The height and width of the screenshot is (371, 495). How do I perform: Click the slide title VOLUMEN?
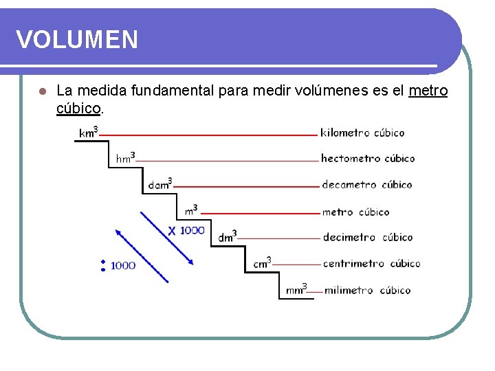(x=77, y=40)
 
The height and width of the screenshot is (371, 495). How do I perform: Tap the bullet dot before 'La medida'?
(x=41, y=91)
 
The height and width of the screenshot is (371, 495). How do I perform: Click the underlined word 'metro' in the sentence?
(x=428, y=91)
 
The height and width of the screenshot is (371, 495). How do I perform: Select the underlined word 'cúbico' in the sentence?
(x=78, y=108)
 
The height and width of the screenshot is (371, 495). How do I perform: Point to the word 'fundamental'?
(x=172, y=91)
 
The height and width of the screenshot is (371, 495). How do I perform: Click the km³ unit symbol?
(x=89, y=133)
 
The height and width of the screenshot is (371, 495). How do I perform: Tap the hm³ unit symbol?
(x=125, y=158)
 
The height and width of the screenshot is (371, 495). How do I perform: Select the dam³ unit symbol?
(x=160, y=184)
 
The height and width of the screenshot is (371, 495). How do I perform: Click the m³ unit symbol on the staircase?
(x=191, y=210)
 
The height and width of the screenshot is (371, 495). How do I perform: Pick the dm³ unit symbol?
(x=228, y=237)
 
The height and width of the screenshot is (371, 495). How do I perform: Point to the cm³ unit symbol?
(x=262, y=263)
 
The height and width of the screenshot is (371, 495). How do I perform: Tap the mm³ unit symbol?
(x=296, y=290)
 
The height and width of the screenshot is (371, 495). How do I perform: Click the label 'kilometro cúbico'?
(x=362, y=133)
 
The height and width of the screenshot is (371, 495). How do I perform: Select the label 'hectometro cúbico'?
(x=368, y=158)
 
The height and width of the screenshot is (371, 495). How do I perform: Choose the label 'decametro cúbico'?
(x=367, y=184)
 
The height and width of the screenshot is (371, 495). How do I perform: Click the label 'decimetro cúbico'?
(x=368, y=237)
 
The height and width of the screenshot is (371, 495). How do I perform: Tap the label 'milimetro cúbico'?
(x=367, y=290)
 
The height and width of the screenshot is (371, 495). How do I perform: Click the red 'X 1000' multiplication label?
(x=186, y=231)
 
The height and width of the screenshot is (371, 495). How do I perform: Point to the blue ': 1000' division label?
(x=118, y=265)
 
